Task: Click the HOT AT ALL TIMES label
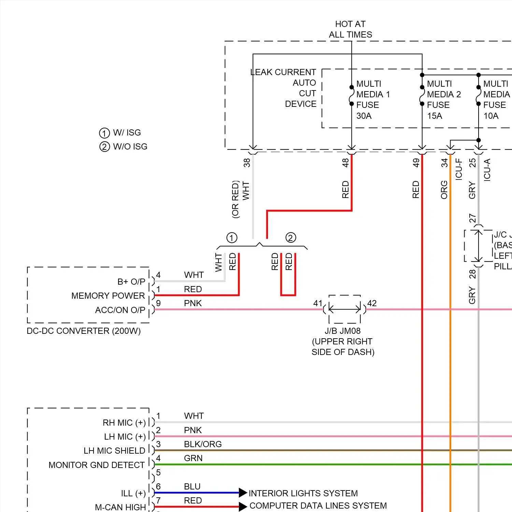(350, 29)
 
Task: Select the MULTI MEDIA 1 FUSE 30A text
(373, 100)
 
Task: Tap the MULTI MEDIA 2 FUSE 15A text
(443, 100)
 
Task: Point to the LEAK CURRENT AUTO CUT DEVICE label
(283, 88)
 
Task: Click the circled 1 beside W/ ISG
(104, 133)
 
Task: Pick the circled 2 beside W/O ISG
(104, 147)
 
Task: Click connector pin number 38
(247, 163)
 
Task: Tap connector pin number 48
(345, 163)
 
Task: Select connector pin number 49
(416, 163)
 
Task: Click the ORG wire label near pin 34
(444, 190)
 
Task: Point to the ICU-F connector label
(459, 169)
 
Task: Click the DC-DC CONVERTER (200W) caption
(84, 331)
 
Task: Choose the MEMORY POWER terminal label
(108, 296)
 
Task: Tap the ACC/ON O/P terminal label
(120, 310)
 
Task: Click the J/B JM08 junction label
(342, 331)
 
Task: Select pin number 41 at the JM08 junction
(317, 303)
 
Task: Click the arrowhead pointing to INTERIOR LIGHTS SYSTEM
(243, 493)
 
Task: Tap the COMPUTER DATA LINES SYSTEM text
(318, 506)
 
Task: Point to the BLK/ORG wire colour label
(203, 444)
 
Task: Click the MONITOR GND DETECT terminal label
(97, 465)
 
